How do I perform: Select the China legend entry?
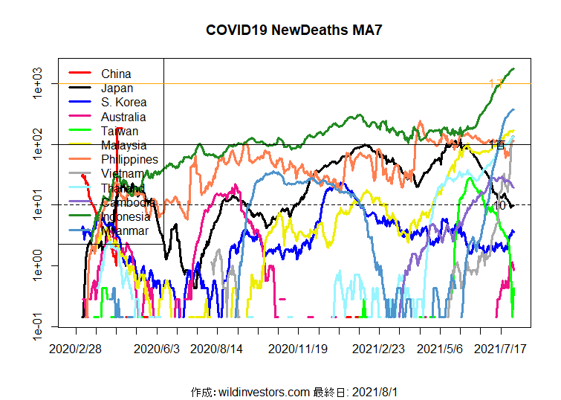[116, 74]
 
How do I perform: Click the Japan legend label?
[117, 88]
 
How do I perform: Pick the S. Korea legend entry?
[123, 103]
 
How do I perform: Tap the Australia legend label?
[123, 117]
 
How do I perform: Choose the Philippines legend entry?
[129, 159]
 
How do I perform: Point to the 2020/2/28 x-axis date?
[76, 348]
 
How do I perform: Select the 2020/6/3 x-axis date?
[157, 348]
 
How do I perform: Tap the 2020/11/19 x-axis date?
[298, 348]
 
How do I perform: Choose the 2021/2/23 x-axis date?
[378, 348]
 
